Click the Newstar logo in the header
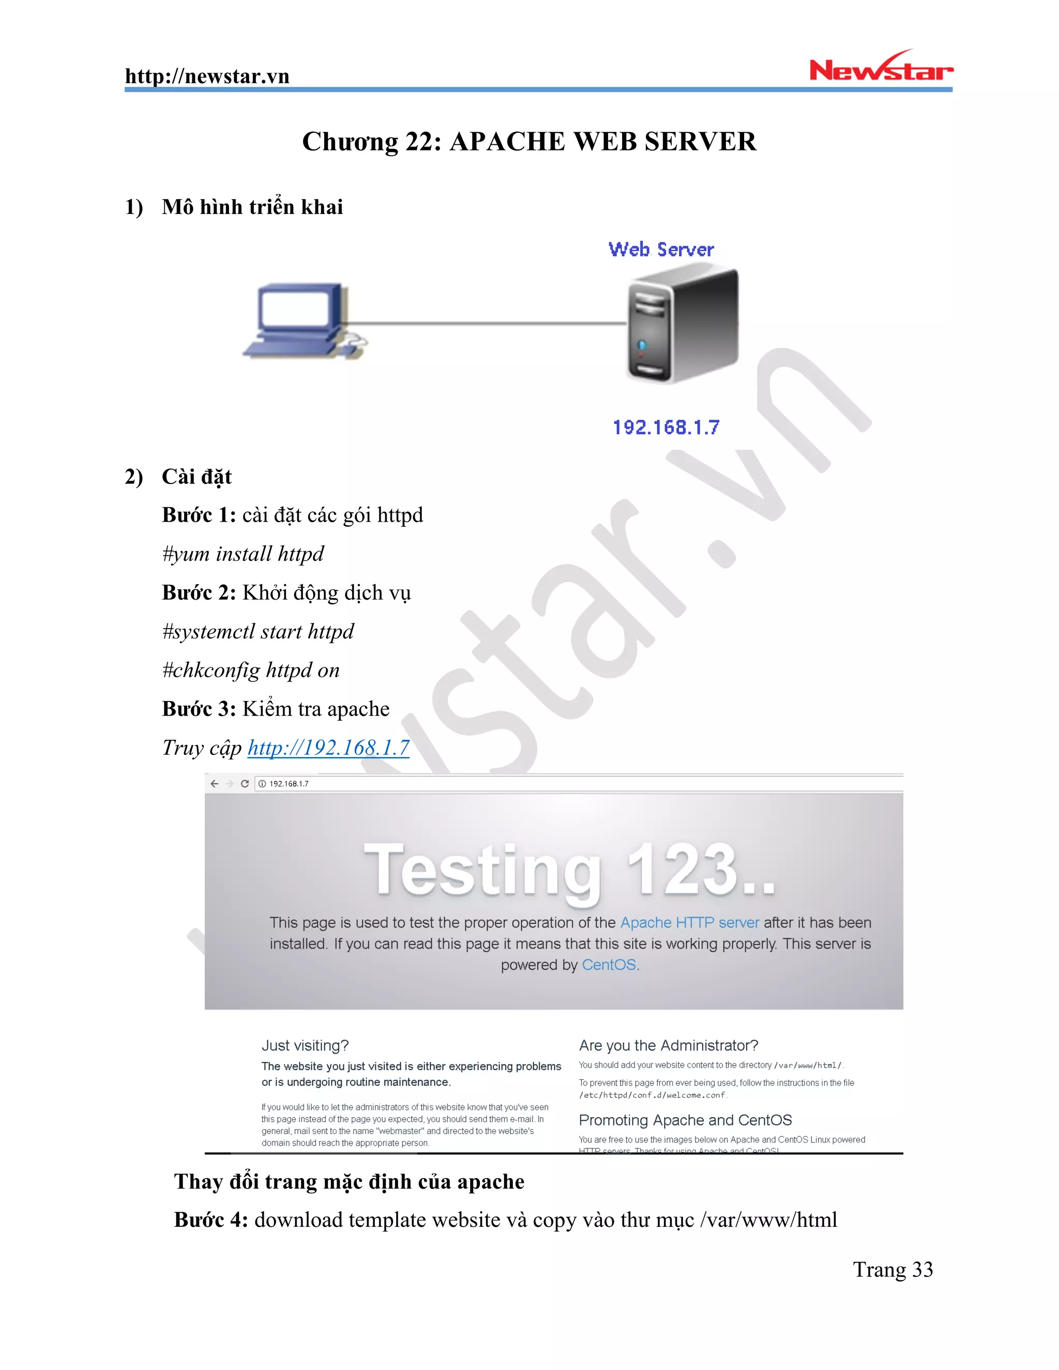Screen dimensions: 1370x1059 880,68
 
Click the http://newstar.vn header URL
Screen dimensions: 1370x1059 207,77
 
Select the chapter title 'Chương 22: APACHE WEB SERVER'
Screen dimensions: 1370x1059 529,142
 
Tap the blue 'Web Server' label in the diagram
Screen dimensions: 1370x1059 661,250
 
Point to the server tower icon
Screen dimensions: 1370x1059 682,324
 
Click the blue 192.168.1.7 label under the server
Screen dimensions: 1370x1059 665,428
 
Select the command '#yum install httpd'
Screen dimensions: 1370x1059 243,554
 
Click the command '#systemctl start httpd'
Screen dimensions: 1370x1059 258,631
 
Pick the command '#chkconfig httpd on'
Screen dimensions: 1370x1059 251,670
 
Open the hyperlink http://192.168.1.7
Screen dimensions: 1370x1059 328,748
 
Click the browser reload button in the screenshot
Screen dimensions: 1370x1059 245,783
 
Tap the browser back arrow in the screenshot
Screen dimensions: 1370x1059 215,783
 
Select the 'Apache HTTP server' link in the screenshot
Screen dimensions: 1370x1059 689,923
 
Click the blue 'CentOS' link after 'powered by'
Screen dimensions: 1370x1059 609,965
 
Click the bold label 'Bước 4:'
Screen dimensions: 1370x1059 211,1220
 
